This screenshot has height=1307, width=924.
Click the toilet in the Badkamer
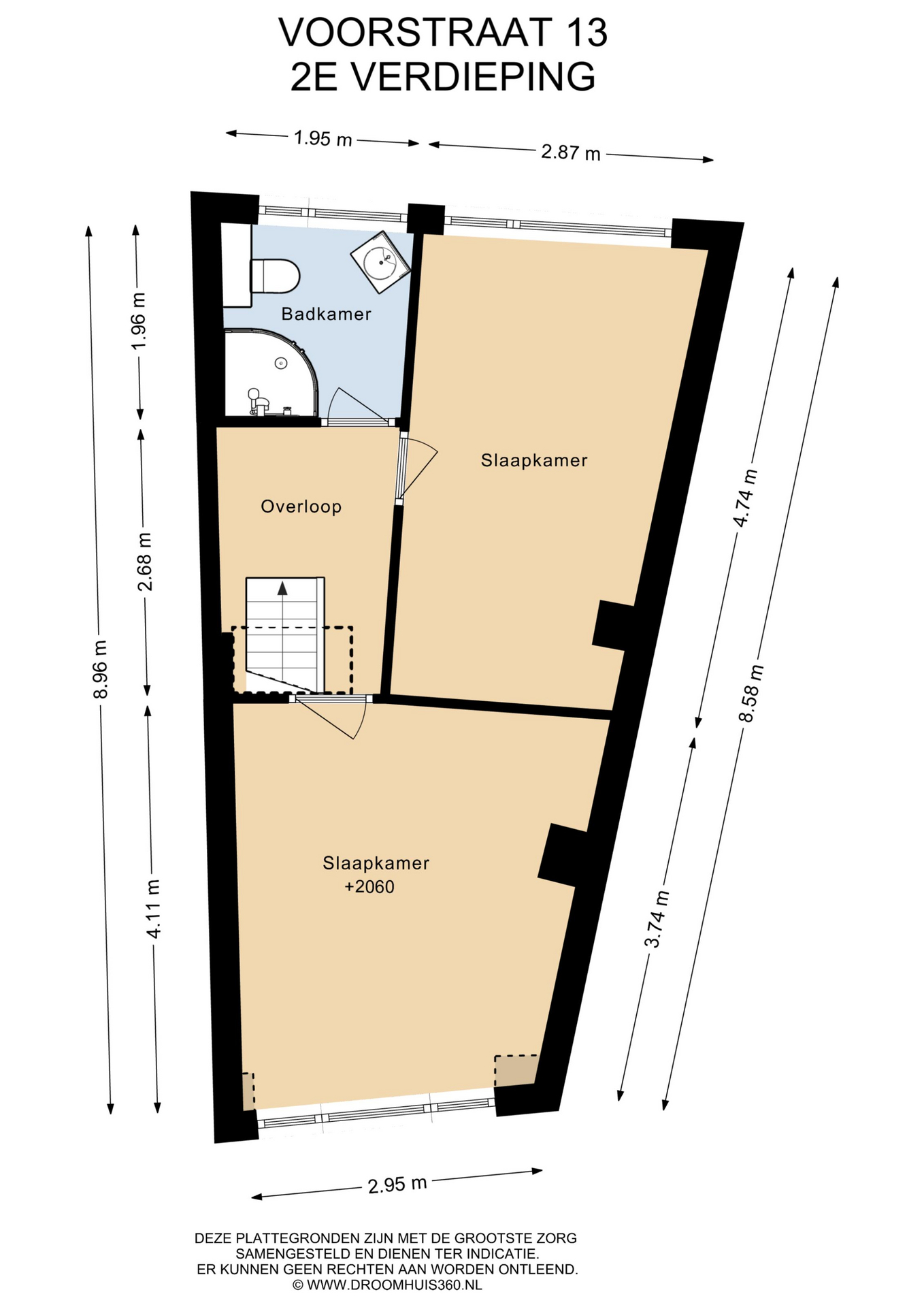coord(275,276)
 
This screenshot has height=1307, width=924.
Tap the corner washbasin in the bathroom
coord(380,262)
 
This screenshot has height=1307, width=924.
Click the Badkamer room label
coord(327,314)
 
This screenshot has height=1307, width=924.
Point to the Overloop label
coord(301,506)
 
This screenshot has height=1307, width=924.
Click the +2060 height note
coord(369,887)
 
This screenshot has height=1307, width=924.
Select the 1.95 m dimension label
coord(323,139)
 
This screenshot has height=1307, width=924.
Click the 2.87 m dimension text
coord(571,152)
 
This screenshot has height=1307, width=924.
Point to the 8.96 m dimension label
coord(100,670)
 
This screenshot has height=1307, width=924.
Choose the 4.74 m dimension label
coord(744,498)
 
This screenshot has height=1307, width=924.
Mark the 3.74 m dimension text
coord(657,919)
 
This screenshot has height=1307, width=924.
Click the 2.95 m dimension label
coord(397,1184)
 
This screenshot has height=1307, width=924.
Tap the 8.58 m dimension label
coord(751,693)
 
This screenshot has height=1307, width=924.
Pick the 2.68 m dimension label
coord(144,562)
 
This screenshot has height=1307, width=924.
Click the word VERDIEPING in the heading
coord(474,77)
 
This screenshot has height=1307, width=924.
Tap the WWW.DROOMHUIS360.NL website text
coord(395,1285)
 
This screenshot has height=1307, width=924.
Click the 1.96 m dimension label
coord(138,321)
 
